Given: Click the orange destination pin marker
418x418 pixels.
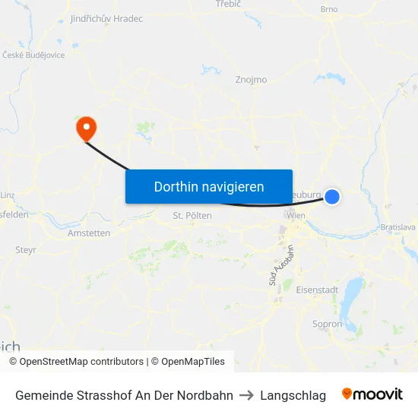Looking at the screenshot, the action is (x=86, y=127).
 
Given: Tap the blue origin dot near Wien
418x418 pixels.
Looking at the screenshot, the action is (x=332, y=196).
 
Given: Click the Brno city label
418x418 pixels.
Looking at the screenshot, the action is (x=329, y=9).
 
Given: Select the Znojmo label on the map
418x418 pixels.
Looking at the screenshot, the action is (x=251, y=79).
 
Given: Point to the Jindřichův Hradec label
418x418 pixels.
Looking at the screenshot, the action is (x=106, y=18).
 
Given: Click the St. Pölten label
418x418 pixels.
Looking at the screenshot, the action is (x=192, y=216).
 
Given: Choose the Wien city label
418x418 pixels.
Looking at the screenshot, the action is (x=296, y=216).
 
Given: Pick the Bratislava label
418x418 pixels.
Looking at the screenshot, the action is (x=398, y=226).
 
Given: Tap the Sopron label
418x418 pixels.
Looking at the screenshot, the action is (x=328, y=324).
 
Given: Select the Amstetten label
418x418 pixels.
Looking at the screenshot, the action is (x=89, y=233).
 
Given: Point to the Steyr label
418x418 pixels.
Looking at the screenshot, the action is (x=26, y=249).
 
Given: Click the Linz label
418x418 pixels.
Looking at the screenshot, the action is (x=8, y=195).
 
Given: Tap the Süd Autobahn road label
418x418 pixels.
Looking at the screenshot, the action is (x=280, y=266).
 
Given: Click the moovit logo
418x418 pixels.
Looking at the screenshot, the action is (x=372, y=394).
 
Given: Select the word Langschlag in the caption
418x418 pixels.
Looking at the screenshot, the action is (x=293, y=395).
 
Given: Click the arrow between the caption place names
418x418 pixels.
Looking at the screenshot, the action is (x=246, y=395).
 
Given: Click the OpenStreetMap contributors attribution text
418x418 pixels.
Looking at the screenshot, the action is (x=81, y=362).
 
